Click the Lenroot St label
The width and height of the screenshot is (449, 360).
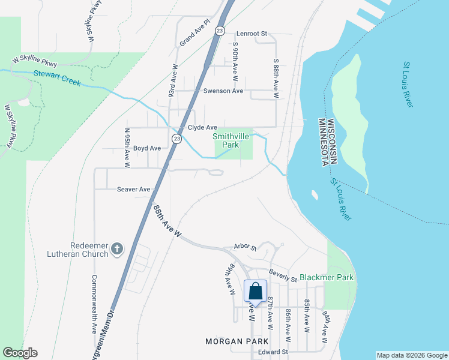pos(251,34)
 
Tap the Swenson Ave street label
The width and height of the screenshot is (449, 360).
pos(223,91)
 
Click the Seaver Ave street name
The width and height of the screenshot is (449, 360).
pos(133,189)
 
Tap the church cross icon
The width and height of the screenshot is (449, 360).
pos(117,248)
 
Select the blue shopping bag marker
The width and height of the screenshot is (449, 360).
pos(256,292)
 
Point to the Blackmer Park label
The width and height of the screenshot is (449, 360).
pos(327,278)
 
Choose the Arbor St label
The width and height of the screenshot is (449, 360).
pos(244,247)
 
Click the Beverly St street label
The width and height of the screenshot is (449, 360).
pos(283,275)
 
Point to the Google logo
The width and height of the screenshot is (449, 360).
pos(20,353)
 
